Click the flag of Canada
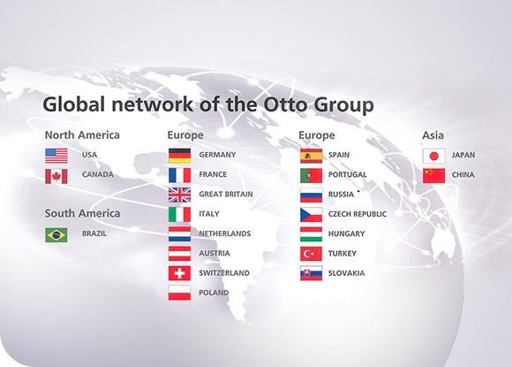pyautogui.click(x=56, y=176)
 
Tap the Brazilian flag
pyautogui.click(x=56, y=235)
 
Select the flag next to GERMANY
pyautogui.click(x=179, y=156)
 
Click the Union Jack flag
pyautogui.click(x=179, y=195)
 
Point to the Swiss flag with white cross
pyautogui.click(x=179, y=273)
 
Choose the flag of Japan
pyautogui.click(x=434, y=156)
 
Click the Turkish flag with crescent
pyautogui.click(x=312, y=254)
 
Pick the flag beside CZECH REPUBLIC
pyautogui.click(x=312, y=215)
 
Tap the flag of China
pyautogui.click(x=434, y=176)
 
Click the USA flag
pyautogui.click(x=56, y=156)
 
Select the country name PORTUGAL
pyautogui.click(x=348, y=175)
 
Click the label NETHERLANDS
pyautogui.click(x=225, y=233)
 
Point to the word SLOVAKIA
pyautogui.click(x=346, y=273)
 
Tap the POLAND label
pyautogui.click(x=214, y=293)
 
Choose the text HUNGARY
pyautogui.click(x=346, y=233)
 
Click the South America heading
pyautogui.click(x=83, y=214)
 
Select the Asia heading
pyautogui.click(x=433, y=135)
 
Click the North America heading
pyautogui.click(x=82, y=135)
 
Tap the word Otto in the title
pyautogui.click(x=286, y=104)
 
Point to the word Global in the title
pyautogui.click(x=74, y=104)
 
